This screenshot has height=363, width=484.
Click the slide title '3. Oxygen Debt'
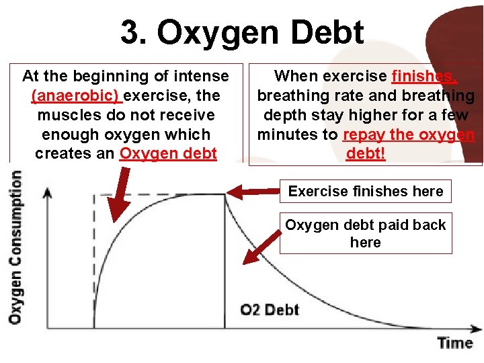(x=242, y=32)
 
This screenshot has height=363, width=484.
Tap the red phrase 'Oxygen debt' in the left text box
(x=168, y=153)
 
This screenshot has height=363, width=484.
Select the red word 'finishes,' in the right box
(x=422, y=76)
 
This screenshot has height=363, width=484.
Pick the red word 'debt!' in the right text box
(x=366, y=153)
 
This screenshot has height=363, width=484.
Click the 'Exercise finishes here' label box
(x=365, y=192)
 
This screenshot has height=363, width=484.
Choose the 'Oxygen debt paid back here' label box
(x=365, y=233)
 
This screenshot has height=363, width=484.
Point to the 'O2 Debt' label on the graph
(x=270, y=309)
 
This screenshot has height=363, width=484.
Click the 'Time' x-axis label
(x=455, y=343)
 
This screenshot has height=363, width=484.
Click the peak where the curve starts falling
(x=225, y=195)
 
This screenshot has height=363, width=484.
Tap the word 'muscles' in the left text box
(x=61, y=114)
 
